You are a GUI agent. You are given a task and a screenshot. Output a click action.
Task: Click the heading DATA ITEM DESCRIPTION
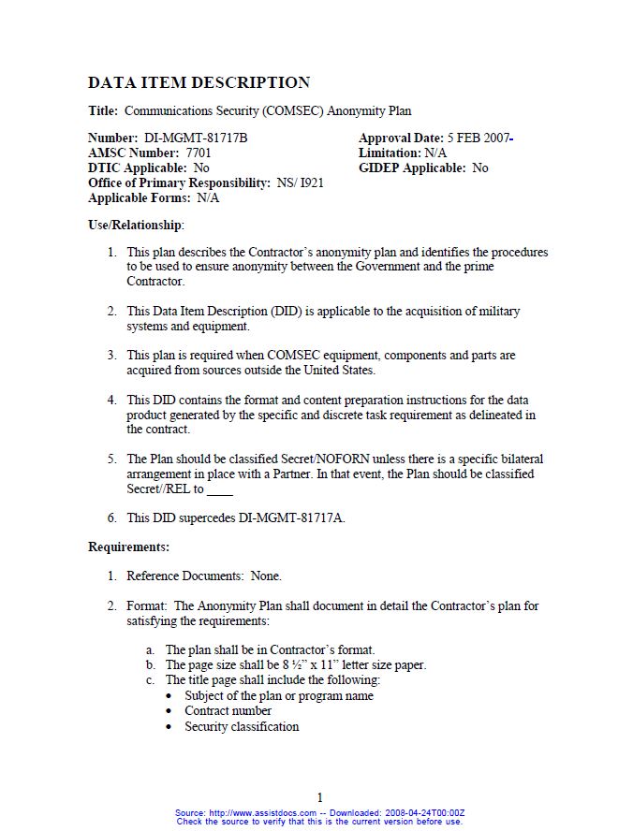click(199, 82)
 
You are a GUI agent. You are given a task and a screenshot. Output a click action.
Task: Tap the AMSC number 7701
click(199, 153)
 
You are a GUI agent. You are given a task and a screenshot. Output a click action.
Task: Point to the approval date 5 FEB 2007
click(478, 138)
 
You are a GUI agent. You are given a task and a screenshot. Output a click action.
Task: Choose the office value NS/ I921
click(300, 183)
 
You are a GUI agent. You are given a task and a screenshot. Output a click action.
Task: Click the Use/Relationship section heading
click(136, 226)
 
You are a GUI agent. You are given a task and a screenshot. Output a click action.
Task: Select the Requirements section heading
click(128, 547)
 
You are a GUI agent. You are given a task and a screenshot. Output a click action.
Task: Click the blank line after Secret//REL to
click(220, 490)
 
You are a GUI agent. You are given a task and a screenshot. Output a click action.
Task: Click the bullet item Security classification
click(242, 727)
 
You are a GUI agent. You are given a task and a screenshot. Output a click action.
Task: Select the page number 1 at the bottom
click(319, 797)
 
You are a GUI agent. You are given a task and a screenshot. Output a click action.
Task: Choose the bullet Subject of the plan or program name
click(279, 696)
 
